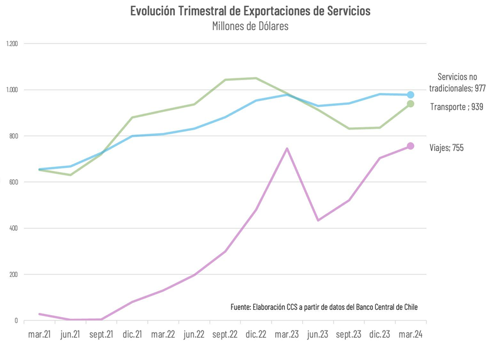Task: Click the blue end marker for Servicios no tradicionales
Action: point(411,95)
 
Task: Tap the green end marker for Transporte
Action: point(411,104)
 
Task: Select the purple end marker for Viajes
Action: point(411,146)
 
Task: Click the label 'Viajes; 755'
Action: point(446,148)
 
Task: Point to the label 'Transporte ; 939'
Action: point(457,107)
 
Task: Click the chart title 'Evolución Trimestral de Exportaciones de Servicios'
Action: point(250,11)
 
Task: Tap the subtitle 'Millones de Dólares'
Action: point(250,27)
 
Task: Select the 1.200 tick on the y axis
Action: point(12,44)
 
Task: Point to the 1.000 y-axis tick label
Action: point(12,90)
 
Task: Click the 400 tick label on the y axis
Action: point(12,229)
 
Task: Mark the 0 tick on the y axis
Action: point(16,321)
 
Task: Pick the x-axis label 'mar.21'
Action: point(39,335)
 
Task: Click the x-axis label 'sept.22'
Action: point(224,335)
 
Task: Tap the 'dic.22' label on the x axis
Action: point(256,335)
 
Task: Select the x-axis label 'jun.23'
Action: point(318,335)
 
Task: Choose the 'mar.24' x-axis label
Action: point(410,335)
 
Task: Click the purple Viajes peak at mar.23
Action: point(287,148)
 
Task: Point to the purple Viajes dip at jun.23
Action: point(318,220)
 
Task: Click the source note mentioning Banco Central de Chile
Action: point(324,307)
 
